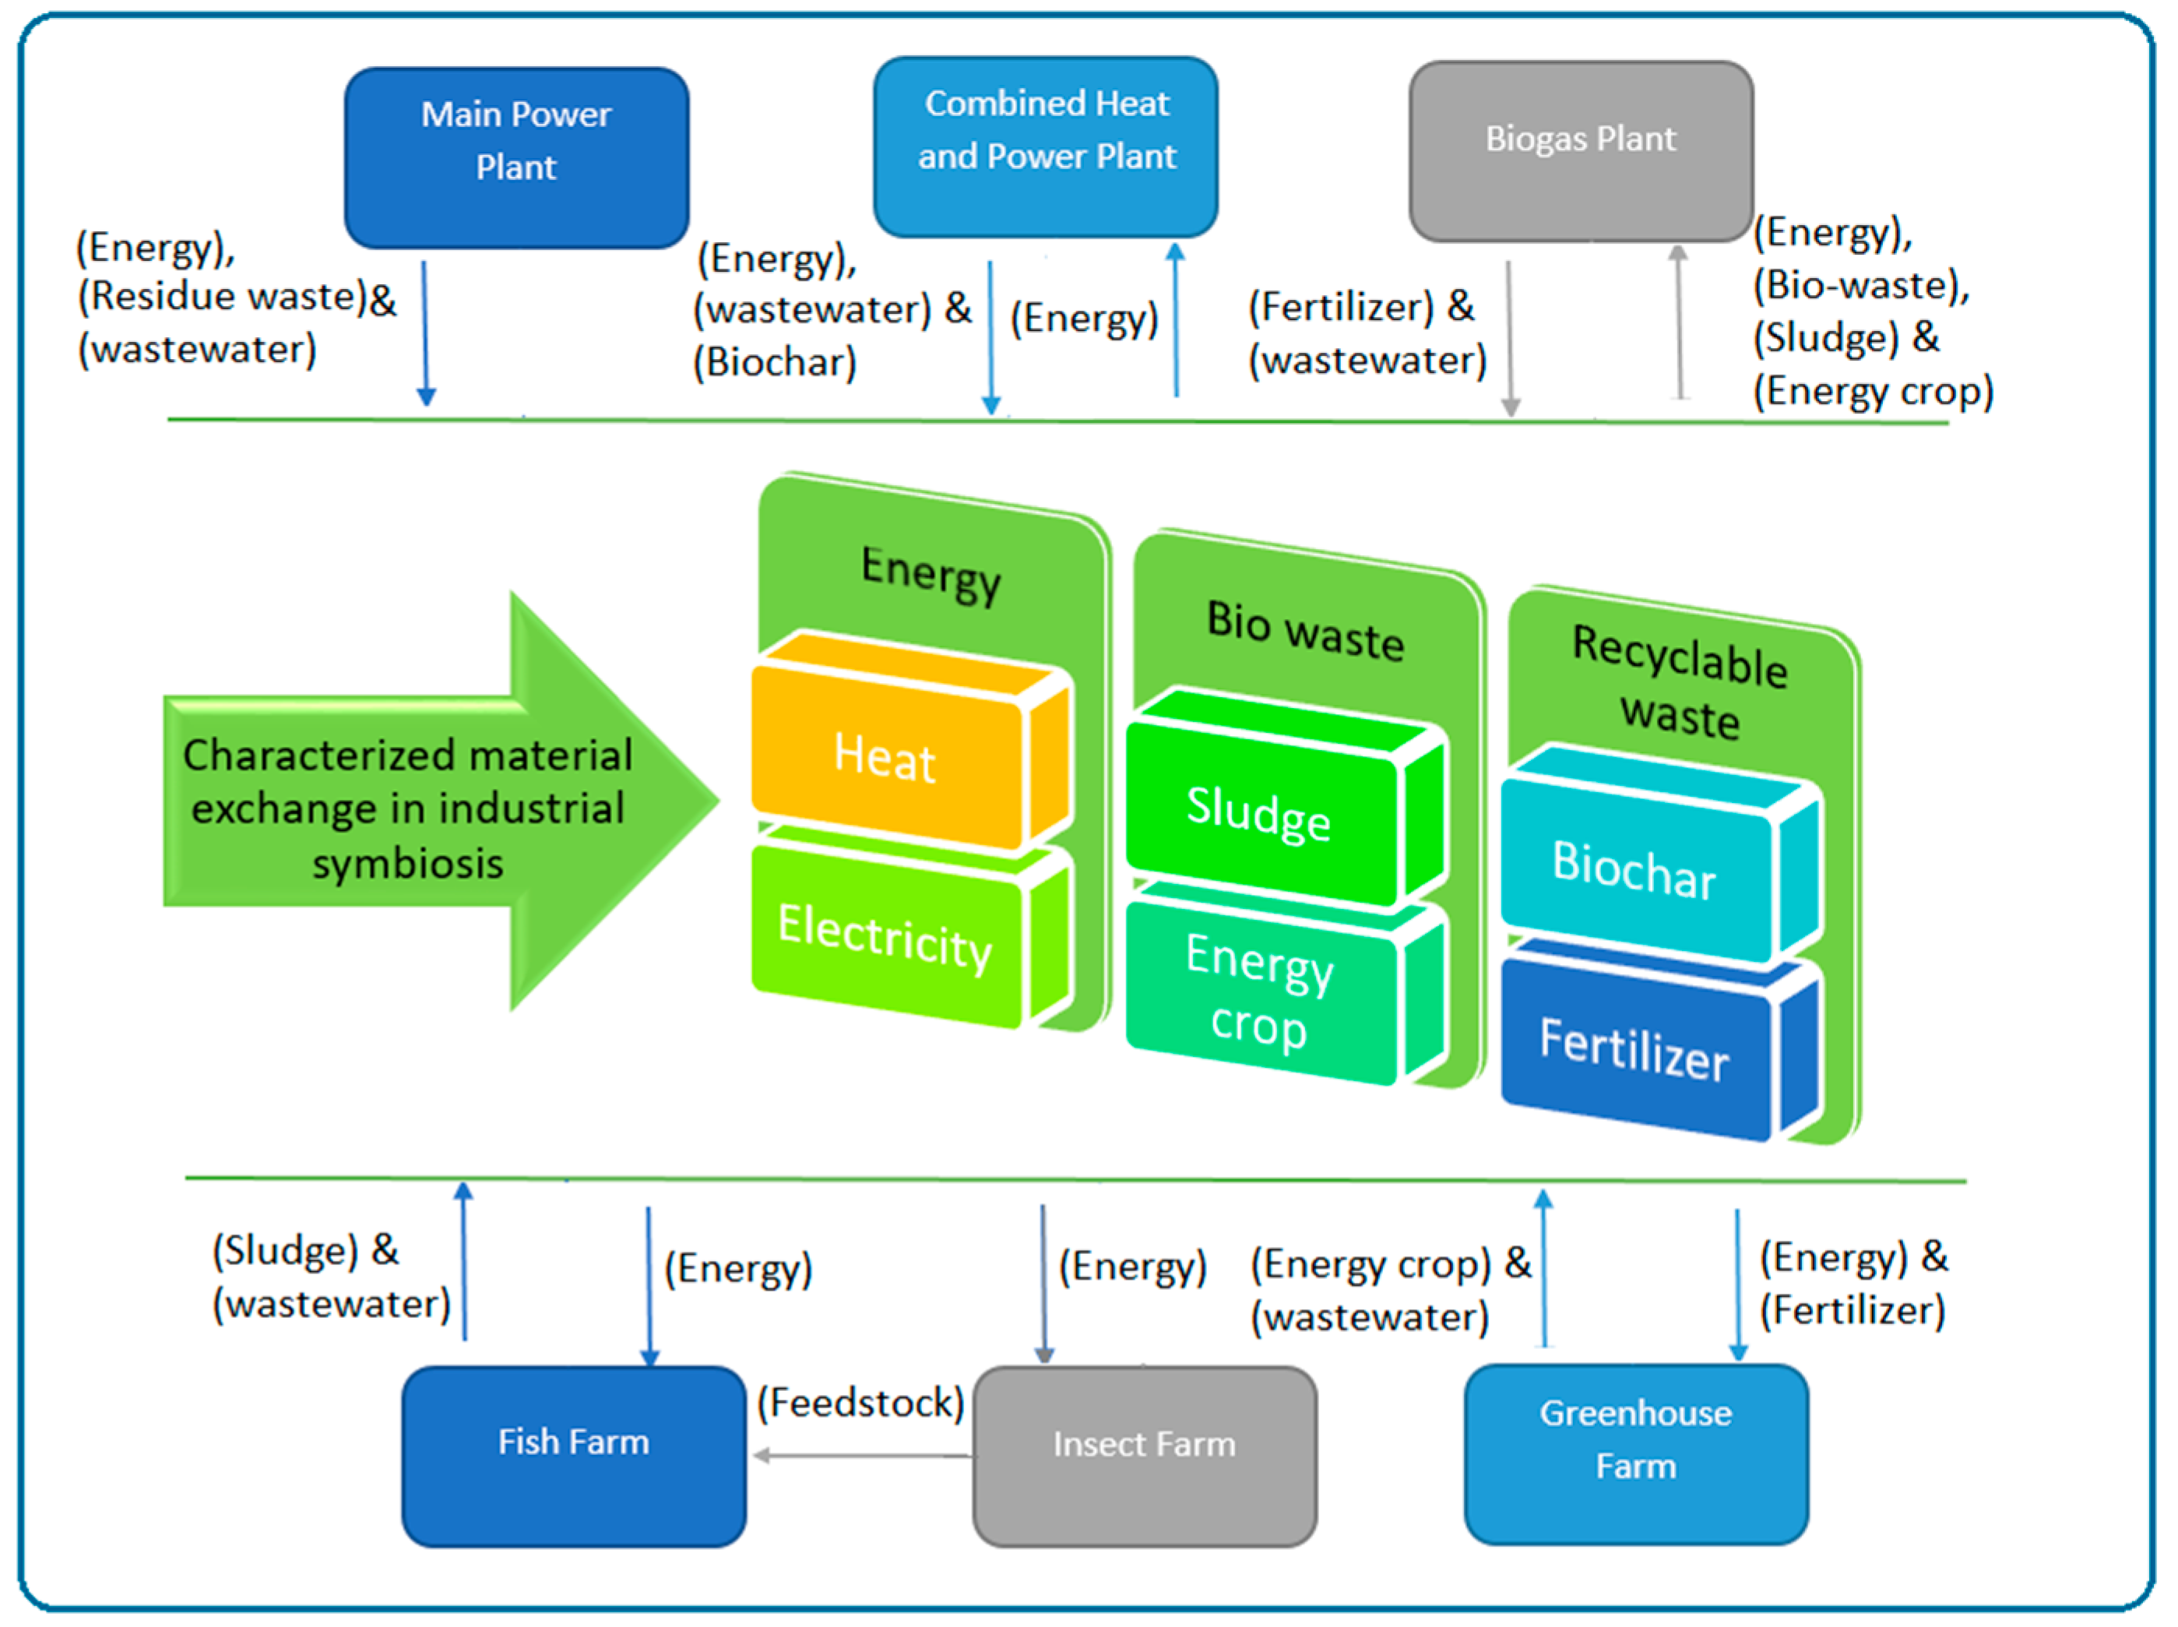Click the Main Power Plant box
(x=516, y=157)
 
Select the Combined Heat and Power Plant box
(x=1046, y=146)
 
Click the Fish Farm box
(x=573, y=1455)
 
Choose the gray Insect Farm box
(x=1144, y=1456)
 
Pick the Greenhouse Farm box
(x=1635, y=1453)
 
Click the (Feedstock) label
(x=860, y=1401)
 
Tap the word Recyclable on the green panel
(x=1679, y=657)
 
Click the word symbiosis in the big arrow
(x=407, y=864)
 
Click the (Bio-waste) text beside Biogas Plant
(x=1861, y=286)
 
